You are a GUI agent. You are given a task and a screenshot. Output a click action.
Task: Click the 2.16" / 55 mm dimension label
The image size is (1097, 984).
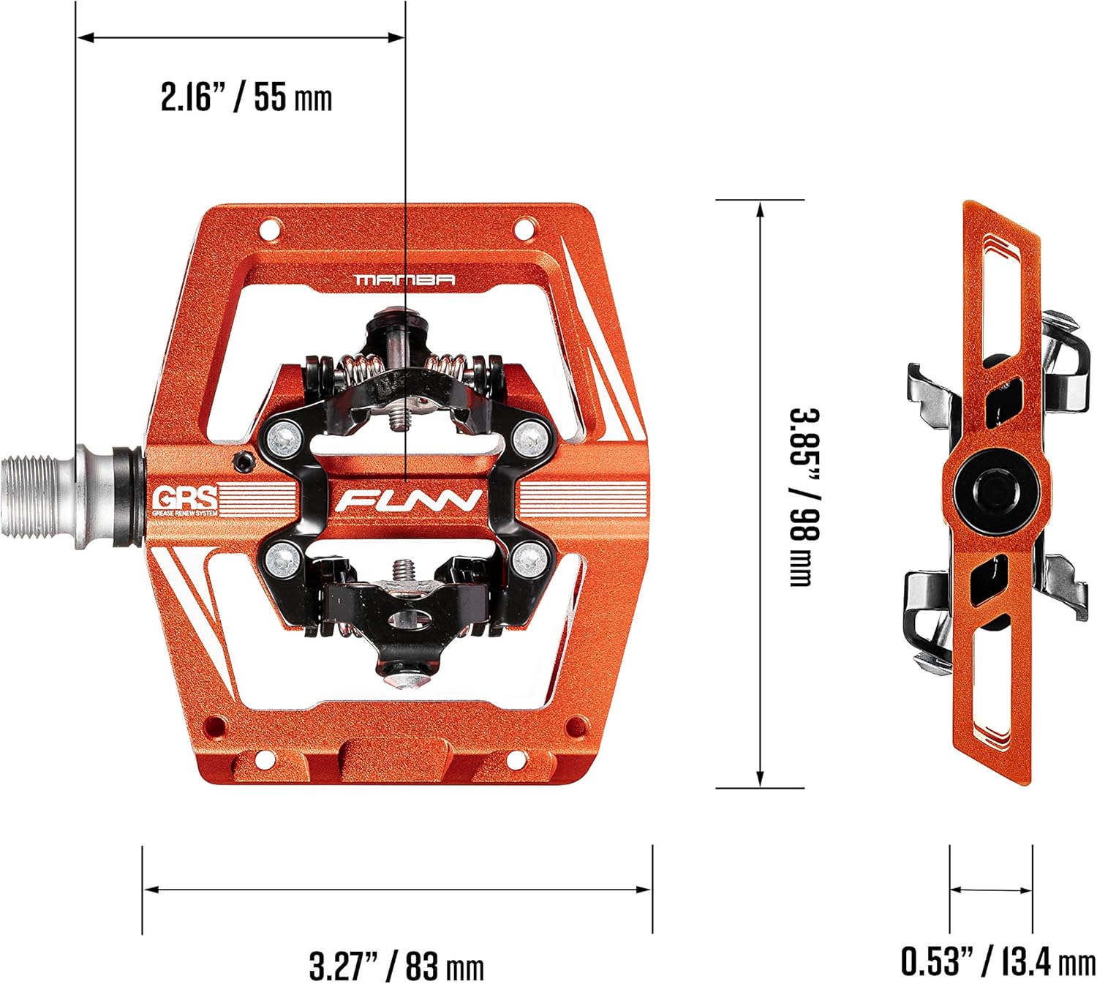pyautogui.click(x=246, y=97)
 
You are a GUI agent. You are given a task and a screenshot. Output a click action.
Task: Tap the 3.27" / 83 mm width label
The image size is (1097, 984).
pyautogui.click(x=396, y=966)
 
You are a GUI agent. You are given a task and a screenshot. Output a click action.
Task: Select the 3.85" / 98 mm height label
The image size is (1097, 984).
pyautogui.click(x=804, y=497)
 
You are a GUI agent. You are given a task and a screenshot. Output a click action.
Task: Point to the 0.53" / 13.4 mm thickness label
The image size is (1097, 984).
pyautogui.click(x=998, y=961)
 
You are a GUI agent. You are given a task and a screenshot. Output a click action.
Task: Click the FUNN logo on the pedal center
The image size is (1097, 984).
pyautogui.click(x=408, y=501)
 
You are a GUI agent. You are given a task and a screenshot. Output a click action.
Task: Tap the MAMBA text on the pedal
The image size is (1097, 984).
pyautogui.click(x=404, y=279)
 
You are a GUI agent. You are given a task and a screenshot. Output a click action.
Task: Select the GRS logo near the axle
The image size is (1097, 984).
pyautogui.click(x=184, y=500)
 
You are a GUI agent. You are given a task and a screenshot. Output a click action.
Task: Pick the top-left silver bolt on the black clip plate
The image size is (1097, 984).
pyautogui.click(x=282, y=438)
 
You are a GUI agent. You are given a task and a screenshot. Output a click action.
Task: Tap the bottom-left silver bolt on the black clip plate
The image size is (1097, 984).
pyautogui.click(x=282, y=560)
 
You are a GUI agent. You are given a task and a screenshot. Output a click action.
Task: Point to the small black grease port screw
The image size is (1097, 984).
pyautogui.click(x=242, y=460)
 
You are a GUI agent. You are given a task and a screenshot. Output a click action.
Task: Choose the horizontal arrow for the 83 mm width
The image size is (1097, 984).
pyautogui.click(x=396, y=890)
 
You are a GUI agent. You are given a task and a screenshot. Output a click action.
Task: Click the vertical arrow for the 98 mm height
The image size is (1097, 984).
pyautogui.click(x=761, y=495)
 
